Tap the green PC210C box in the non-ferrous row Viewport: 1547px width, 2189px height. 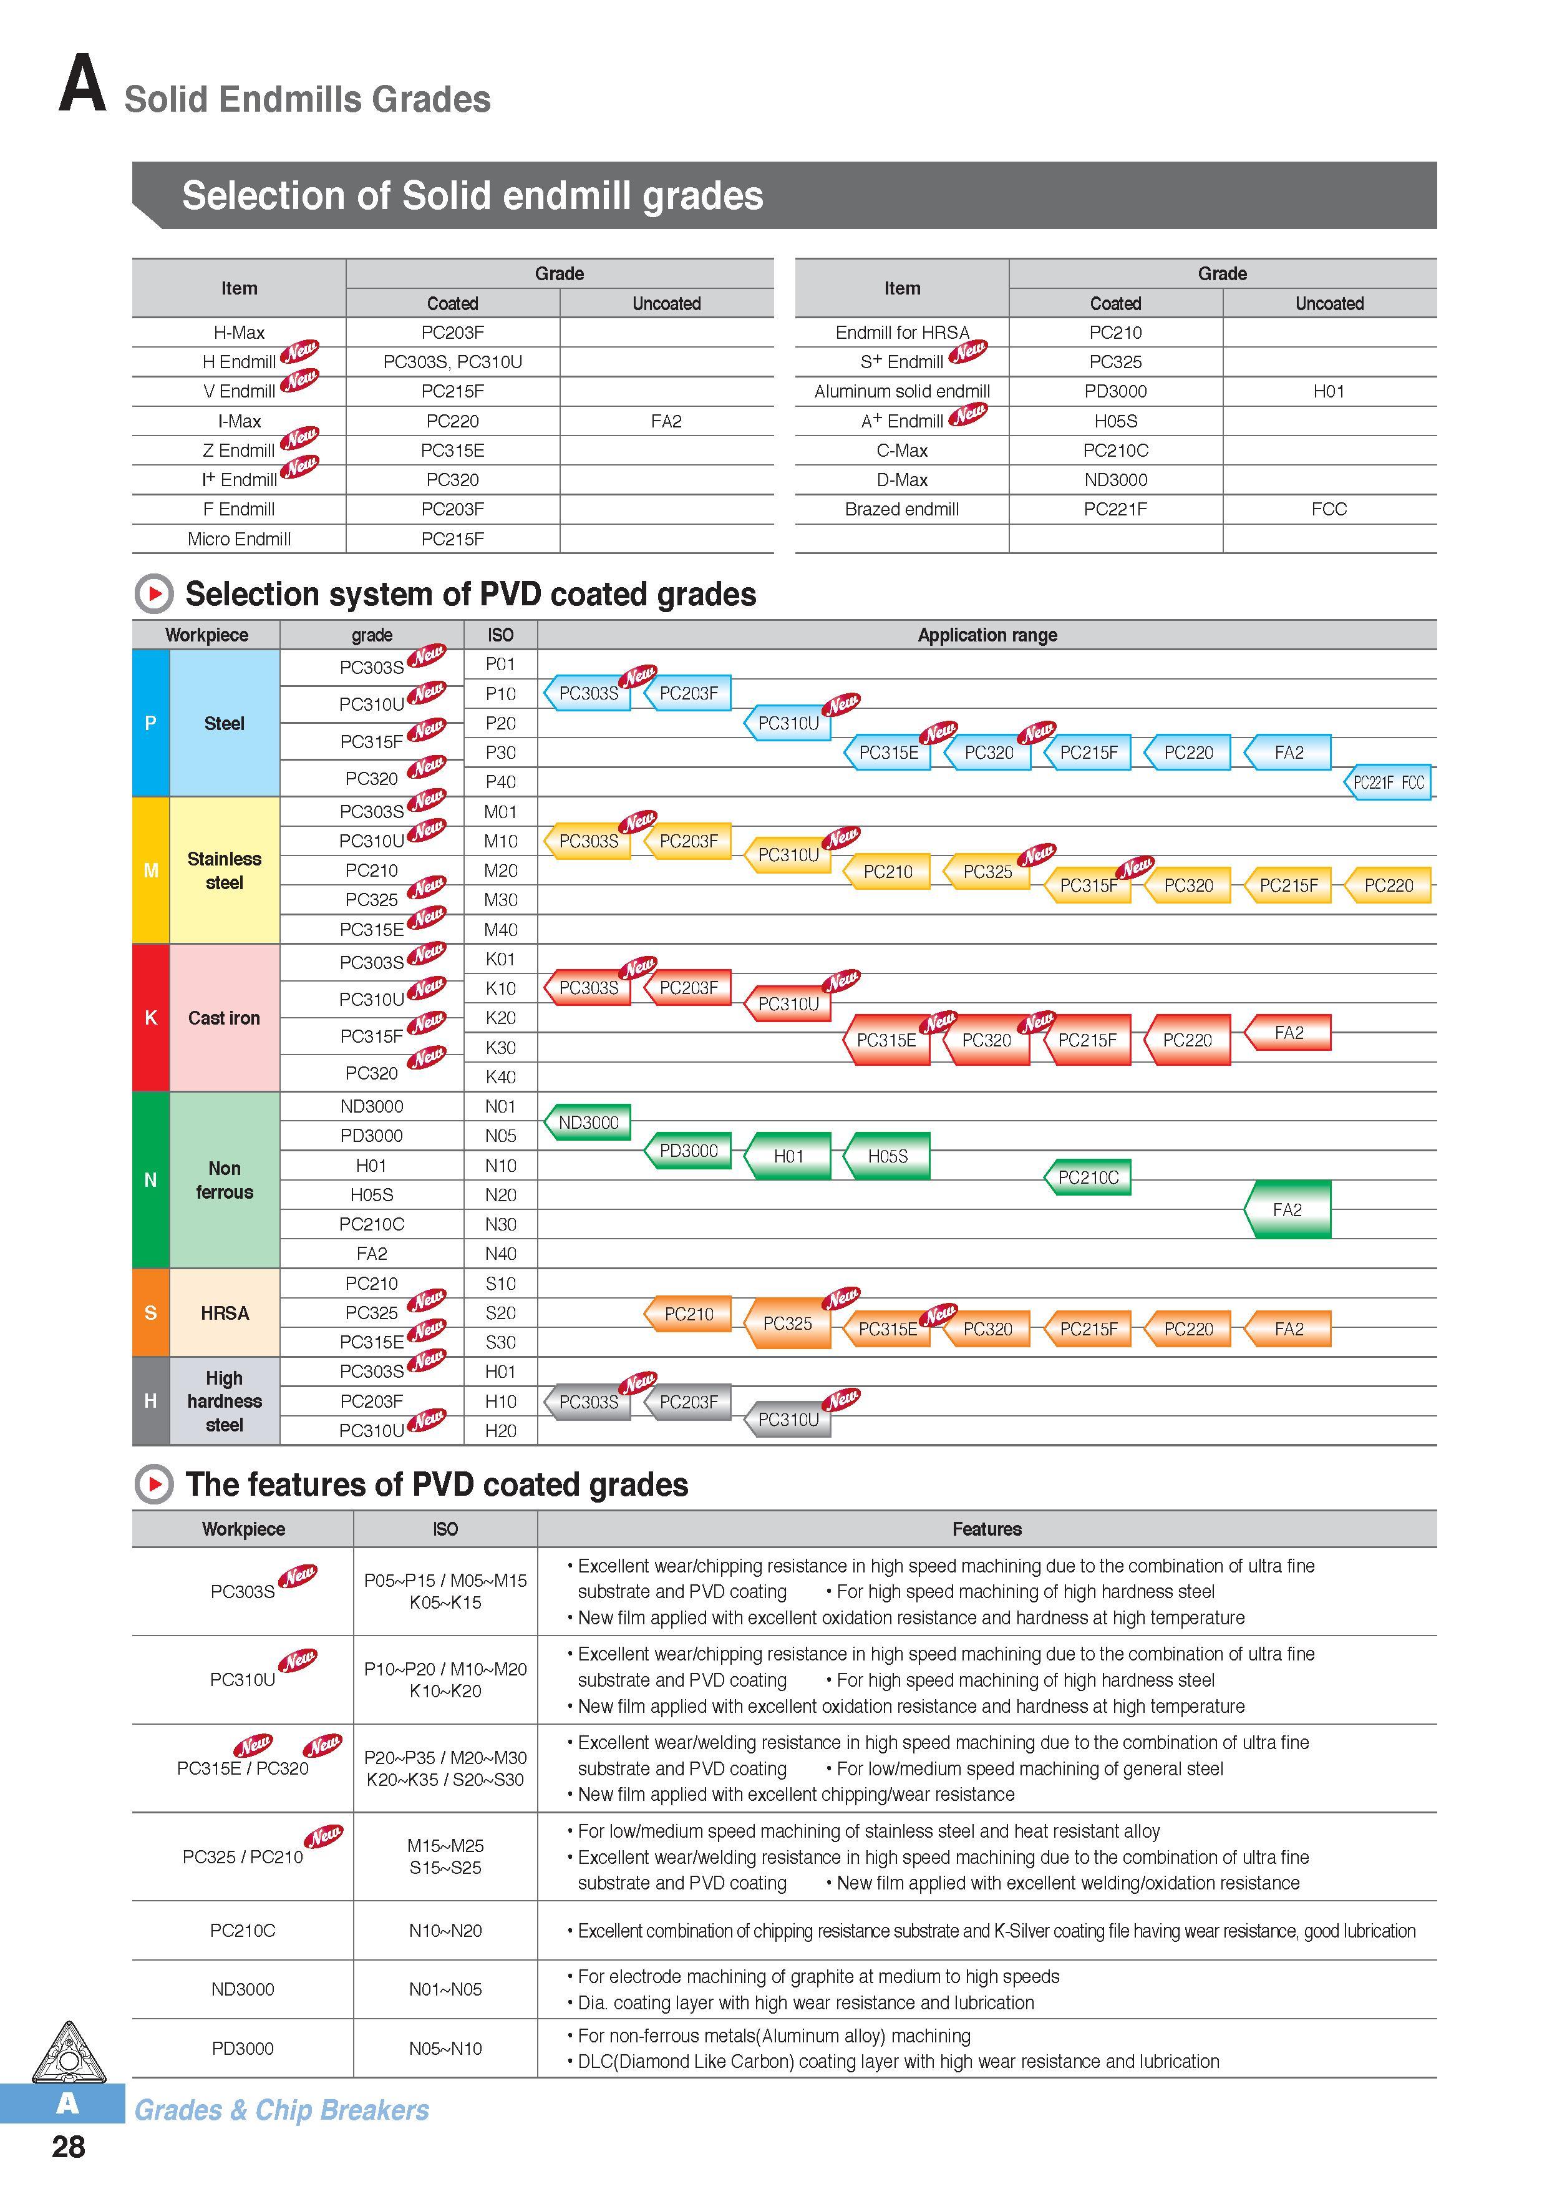click(1087, 1177)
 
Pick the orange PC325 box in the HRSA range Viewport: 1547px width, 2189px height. click(787, 1324)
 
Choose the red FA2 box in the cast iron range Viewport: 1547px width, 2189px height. click(1288, 1033)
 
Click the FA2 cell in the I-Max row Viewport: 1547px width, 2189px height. click(666, 421)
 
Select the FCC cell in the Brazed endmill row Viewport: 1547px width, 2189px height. click(1329, 509)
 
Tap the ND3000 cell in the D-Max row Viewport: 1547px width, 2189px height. click(1115, 480)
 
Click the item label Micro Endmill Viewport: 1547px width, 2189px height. click(240, 539)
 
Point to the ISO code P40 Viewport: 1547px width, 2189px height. click(500, 782)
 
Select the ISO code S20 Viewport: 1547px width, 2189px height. click(500, 1313)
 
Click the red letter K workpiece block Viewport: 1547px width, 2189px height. click(150, 1017)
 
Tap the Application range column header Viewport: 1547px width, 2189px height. click(987, 635)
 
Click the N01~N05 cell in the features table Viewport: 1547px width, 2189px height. click(445, 1989)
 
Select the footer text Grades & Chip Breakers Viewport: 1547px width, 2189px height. click(281, 2110)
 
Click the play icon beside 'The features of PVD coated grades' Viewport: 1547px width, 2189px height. click(153, 1485)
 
